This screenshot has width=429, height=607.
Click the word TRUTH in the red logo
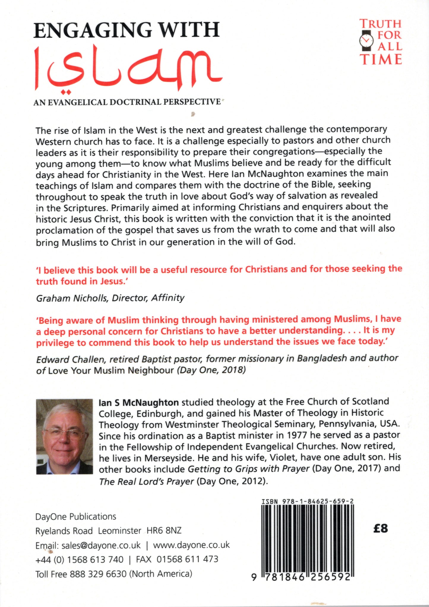(x=381, y=24)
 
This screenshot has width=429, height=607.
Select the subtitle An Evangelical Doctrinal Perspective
(x=127, y=102)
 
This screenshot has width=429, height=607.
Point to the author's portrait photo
(x=64, y=436)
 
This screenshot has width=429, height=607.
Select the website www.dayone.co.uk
(x=191, y=545)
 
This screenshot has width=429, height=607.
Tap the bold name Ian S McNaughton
(x=139, y=403)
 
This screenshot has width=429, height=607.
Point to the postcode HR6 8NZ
(x=164, y=530)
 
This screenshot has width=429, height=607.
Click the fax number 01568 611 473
(x=187, y=559)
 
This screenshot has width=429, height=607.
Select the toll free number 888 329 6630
(x=98, y=574)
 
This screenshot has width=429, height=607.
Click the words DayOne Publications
(x=76, y=517)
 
